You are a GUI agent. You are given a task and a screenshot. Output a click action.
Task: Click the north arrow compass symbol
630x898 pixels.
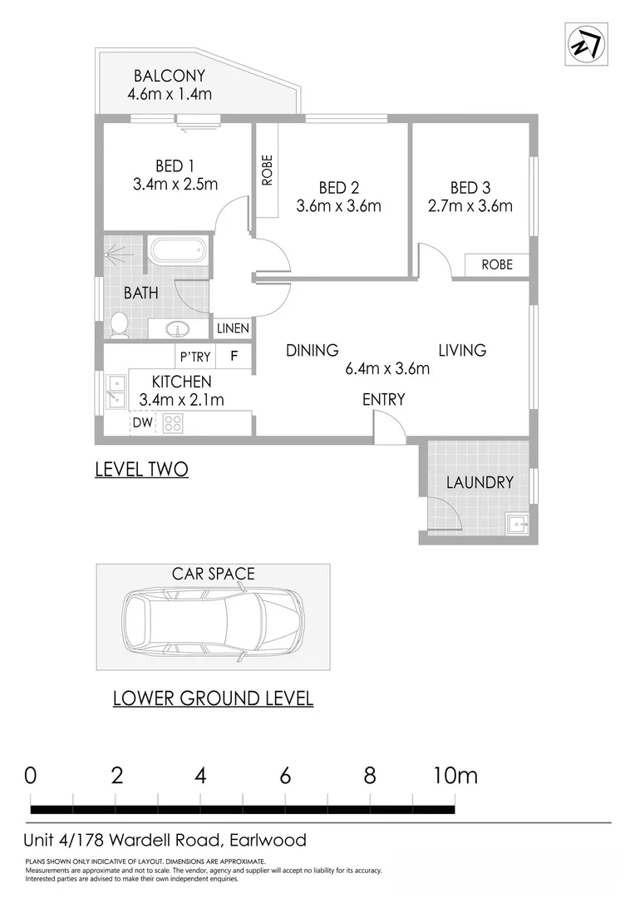[x=586, y=43]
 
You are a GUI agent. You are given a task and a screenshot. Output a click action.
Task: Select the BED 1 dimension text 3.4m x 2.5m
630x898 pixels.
[x=175, y=184]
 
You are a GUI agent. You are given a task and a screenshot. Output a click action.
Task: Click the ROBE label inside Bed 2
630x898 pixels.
[x=267, y=170]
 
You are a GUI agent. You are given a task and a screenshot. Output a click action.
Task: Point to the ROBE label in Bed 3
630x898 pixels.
[x=497, y=264]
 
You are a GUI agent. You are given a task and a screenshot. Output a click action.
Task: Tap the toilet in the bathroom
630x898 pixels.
[x=119, y=324]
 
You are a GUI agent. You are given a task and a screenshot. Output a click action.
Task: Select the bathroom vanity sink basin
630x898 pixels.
[x=178, y=328]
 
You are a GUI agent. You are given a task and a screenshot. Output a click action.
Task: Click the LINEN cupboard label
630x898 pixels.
[x=233, y=329]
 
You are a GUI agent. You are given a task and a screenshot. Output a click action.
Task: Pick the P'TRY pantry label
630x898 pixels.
[x=195, y=358]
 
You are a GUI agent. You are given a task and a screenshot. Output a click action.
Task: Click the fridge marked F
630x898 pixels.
[x=234, y=358]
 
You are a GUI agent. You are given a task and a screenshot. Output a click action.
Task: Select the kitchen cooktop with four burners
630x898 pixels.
[x=173, y=422]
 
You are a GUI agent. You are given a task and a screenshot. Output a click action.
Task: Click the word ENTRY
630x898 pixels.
[x=383, y=400]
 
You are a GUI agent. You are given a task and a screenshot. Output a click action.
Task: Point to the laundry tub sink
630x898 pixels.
[x=516, y=525]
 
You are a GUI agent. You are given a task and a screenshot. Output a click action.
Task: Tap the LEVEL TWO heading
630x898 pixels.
[x=141, y=470]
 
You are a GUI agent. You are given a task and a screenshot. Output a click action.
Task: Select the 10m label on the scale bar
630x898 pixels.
[x=455, y=776]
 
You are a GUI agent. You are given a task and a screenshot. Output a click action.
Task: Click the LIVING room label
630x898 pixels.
[x=462, y=350]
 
